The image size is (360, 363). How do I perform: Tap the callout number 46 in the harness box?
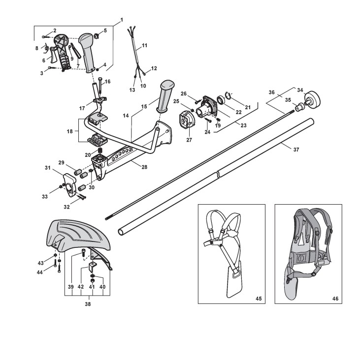coord(335,298)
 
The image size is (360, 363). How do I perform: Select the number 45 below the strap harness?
coord(259,298)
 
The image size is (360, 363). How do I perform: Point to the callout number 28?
coord(144,167)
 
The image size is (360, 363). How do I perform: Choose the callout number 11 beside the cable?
coord(144,46)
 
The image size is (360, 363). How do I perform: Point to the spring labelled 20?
coord(101,151)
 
